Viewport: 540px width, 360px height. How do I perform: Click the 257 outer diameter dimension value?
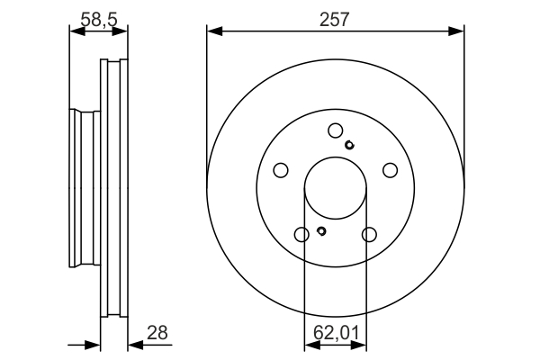point(336,17)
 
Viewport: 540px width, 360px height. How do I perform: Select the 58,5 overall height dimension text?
point(99,17)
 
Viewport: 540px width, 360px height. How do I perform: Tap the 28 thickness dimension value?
point(157,333)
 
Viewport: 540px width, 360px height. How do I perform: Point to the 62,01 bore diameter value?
point(336,333)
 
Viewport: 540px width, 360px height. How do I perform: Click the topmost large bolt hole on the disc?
point(336,130)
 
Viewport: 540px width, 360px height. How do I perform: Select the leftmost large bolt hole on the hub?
point(280,170)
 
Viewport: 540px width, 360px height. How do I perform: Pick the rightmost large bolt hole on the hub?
point(391,170)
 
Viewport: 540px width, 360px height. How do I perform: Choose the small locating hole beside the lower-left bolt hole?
point(320,233)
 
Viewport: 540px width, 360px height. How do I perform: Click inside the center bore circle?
point(336,189)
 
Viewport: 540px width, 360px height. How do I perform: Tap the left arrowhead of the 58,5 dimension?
point(75,31)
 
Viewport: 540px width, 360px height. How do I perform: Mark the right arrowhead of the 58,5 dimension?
point(124,31)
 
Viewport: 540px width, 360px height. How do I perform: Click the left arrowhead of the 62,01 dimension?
point(309,346)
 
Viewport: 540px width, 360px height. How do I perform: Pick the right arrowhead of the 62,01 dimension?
point(363,346)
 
